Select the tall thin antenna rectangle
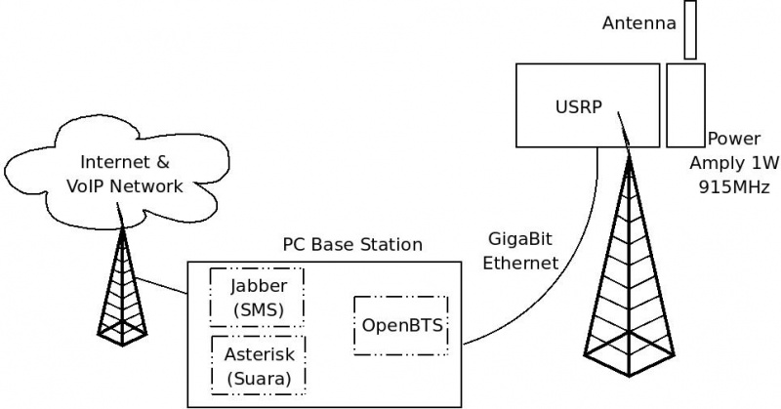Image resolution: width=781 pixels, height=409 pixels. click(691, 30)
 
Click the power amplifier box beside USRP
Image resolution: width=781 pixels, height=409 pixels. click(685, 104)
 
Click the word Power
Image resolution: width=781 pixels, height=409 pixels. click(733, 140)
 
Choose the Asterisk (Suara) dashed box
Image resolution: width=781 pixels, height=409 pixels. click(259, 365)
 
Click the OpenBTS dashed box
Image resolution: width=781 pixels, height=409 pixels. click(401, 325)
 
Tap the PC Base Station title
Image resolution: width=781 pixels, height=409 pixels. click(352, 245)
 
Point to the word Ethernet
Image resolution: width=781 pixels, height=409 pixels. click(526, 263)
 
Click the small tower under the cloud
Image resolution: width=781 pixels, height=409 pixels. click(122, 293)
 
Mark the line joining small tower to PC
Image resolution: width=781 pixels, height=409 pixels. click(161, 286)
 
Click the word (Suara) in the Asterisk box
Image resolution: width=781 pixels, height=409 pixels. click(259, 378)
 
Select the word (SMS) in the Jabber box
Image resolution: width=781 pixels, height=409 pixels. click(258, 309)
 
